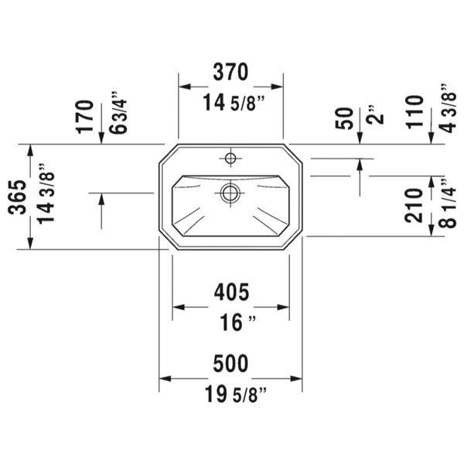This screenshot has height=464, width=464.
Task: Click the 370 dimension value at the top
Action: point(230,72)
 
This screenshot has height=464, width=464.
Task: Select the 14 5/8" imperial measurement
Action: point(234,103)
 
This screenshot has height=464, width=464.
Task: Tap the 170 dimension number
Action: point(84,117)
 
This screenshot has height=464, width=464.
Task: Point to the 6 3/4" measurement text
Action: point(118,113)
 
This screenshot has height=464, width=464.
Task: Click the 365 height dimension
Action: point(17,196)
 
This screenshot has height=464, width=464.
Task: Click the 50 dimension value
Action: point(344,118)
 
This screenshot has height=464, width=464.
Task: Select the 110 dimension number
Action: point(415,112)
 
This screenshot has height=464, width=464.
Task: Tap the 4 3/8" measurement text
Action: point(448,108)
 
